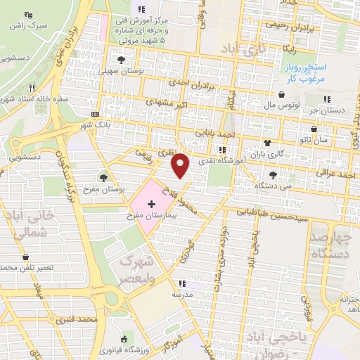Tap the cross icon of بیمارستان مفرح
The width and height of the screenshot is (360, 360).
point(150,202)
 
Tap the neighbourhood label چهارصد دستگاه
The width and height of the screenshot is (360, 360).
point(330,243)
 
